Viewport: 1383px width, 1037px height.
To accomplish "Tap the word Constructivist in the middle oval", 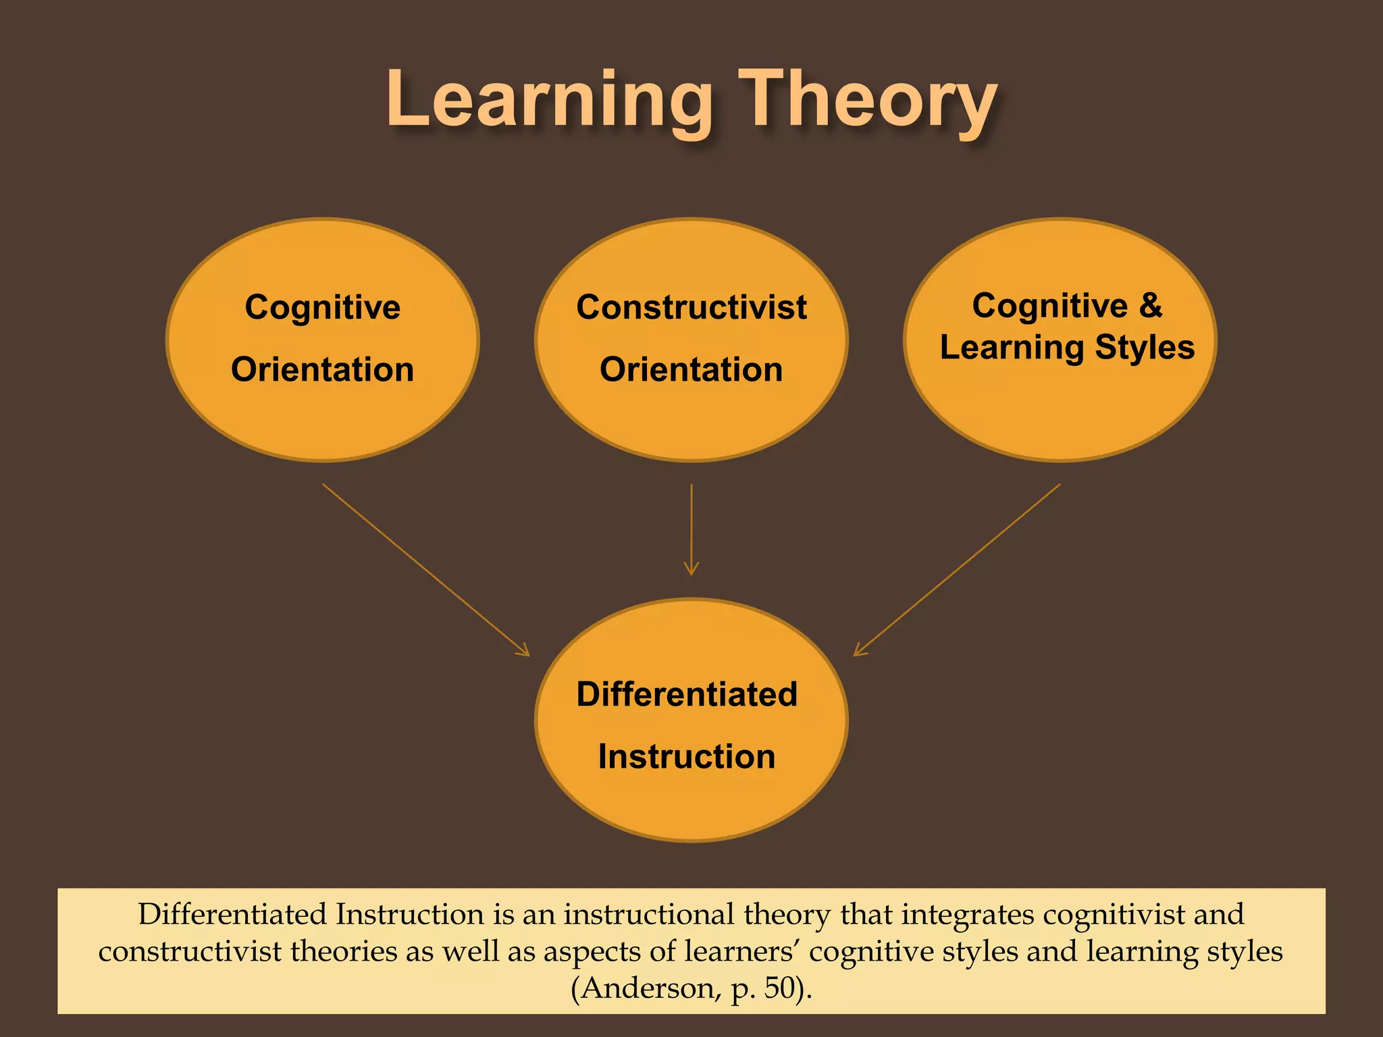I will click(x=691, y=307).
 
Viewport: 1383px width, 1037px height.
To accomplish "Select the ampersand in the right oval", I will click(x=1151, y=305).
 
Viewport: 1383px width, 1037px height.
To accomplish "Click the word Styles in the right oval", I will click(x=1145, y=348).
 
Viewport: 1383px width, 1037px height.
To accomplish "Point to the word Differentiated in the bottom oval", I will click(x=687, y=694).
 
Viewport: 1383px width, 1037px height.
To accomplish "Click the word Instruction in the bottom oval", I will click(x=687, y=756).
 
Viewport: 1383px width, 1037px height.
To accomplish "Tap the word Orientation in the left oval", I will click(x=322, y=369).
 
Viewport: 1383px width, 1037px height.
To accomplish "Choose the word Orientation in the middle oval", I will click(x=691, y=369).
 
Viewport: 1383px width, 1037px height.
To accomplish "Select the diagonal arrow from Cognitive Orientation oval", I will click(x=425, y=569).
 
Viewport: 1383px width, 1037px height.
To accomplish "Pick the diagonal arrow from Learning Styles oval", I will click(x=957, y=569).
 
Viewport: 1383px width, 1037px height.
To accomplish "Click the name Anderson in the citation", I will click(x=647, y=988).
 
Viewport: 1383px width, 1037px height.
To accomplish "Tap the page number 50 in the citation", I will click(x=780, y=988).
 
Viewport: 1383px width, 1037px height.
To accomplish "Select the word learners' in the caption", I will click(x=742, y=951).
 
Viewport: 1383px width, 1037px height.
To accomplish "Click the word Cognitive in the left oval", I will click(x=322, y=307).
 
